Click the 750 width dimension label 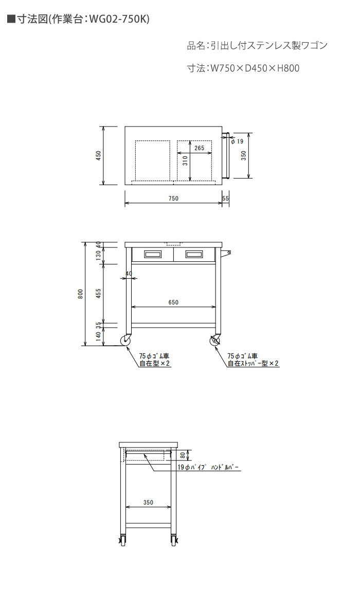(173, 199)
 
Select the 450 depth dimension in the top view (98, 156)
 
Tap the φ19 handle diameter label (237, 141)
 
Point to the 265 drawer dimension (200, 148)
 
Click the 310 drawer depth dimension (185, 160)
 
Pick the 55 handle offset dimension (225, 199)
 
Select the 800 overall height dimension (80, 294)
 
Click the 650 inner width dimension (173, 302)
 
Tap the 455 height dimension (98, 294)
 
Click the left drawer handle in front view (152, 254)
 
